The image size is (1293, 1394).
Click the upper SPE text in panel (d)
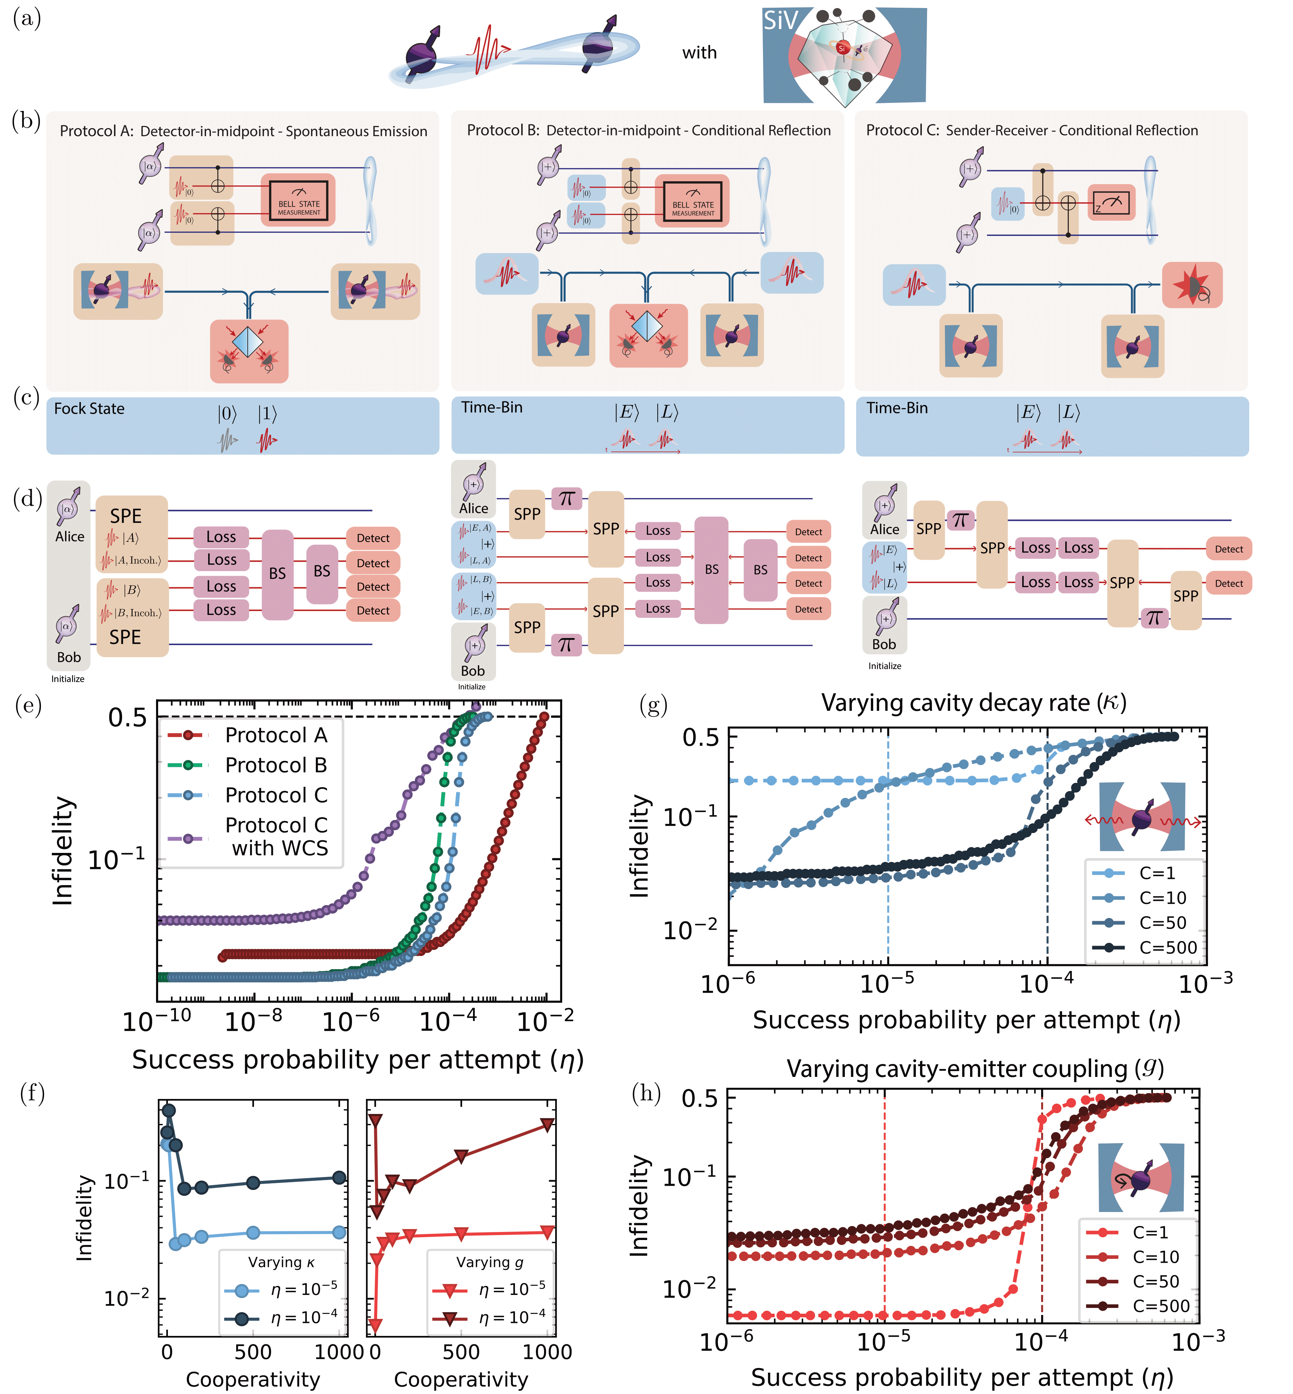tap(126, 517)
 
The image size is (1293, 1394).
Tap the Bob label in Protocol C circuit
tap(884, 645)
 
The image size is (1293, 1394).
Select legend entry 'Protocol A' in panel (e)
tap(276, 735)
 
